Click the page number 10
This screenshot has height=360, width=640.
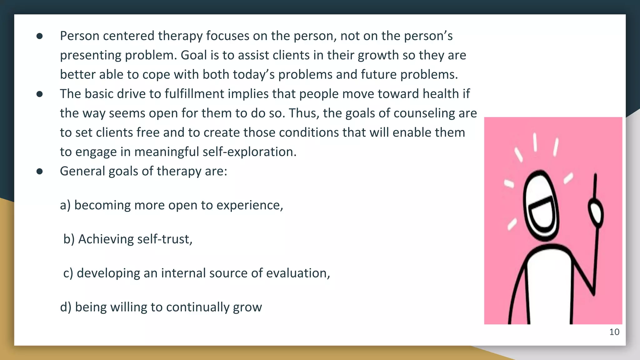pyautogui.click(x=614, y=332)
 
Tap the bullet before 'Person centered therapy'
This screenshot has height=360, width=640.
pyautogui.click(x=39, y=36)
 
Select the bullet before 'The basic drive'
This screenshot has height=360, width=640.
pyautogui.click(x=39, y=94)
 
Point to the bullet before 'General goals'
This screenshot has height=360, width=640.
pyautogui.click(x=39, y=172)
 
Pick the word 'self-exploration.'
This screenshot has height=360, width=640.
pyautogui.click(x=249, y=152)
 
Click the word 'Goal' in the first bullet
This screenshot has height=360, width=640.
pyautogui.click(x=194, y=55)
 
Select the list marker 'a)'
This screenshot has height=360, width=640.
pyautogui.click(x=65, y=205)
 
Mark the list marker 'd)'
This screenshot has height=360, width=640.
pyautogui.click(x=66, y=307)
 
